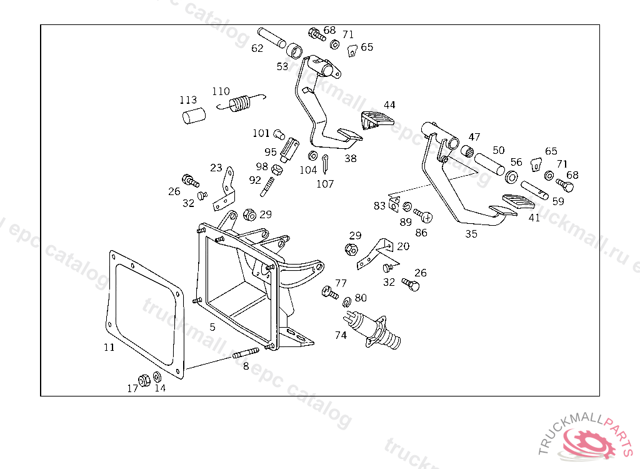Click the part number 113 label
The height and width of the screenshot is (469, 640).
tap(188, 100)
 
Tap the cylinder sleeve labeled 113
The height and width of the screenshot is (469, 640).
tap(194, 116)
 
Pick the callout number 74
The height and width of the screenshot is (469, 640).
tap(341, 335)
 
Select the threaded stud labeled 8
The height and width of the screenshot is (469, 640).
tap(246, 355)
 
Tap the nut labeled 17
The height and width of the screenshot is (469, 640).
tap(142, 379)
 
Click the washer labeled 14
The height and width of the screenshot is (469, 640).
tap(157, 377)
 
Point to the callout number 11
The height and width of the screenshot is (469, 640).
tap(109, 347)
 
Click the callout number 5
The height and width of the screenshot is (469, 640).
tap(212, 327)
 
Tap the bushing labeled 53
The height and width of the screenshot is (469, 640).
tap(295, 49)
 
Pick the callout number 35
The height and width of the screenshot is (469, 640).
tap(471, 234)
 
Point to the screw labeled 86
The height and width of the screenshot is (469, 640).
tap(424, 216)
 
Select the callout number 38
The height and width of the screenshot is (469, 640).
tap(351, 158)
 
